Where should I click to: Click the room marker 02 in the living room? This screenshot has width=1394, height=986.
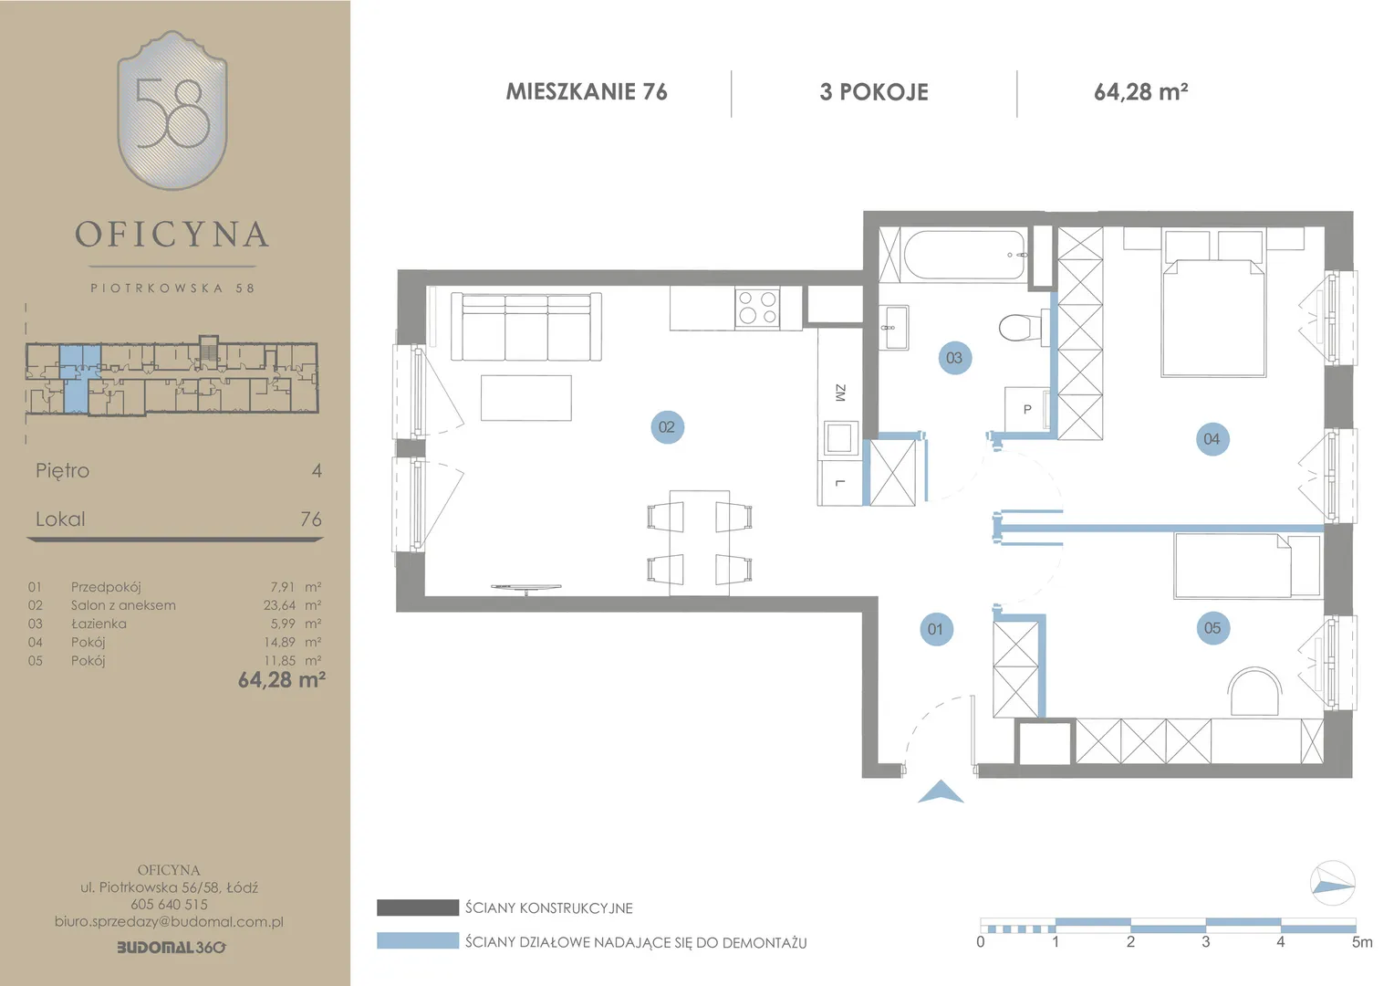pyautogui.click(x=667, y=426)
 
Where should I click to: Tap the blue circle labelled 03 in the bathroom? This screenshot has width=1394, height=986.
pyautogui.click(x=954, y=358)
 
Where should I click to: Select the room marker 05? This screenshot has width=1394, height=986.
pyautogui.click(x=1212, y=628)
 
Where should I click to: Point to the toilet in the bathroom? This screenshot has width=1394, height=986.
pyautogui.click(x=1021, y=326)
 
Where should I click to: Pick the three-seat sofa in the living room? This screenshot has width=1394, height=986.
pyautogui.click(x=525, y=325)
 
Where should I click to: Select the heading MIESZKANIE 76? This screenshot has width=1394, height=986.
pyautogui.click(x=587, y=91)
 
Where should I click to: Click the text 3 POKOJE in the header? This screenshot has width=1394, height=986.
pyautogui.click(x=874, y=92)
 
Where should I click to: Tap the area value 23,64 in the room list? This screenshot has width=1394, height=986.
pyautogui.click(x=279, y=604)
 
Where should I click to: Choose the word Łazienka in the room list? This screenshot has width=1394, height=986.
pyautogui.click(x=99, y=624)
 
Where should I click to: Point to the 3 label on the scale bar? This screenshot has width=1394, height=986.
pyautogui.click(x=1205, y=942)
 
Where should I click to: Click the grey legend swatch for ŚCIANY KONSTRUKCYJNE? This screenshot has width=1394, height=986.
pyautogui.click(x=418, y=907)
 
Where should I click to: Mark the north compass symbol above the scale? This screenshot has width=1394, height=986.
pyautogui.click(x=1332, y=883)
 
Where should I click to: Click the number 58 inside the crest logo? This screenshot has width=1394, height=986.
pyautogui.click(x=172, y=112)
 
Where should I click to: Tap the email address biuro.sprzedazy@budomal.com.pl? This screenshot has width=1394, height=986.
pyautogui.click(x=169, y=921)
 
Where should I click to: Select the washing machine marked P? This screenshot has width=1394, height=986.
pyautogui.click(x=1027, y=409)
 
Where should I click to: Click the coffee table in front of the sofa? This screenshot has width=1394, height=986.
pyautogui.click(x=525, y=397)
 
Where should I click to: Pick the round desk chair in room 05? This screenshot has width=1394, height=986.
pyautogui.click(x=1254, y=691)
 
